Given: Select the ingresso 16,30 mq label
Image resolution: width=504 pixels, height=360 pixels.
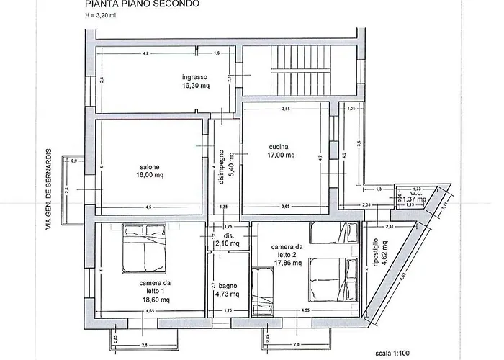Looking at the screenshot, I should (x=194, y=81).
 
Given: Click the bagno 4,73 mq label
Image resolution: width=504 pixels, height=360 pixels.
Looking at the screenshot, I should (x=228, y=289).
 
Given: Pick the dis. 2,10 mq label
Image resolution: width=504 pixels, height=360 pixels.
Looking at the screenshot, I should (x=228, y=240).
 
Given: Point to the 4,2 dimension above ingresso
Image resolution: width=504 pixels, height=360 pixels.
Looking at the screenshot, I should (x=145, y=54).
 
